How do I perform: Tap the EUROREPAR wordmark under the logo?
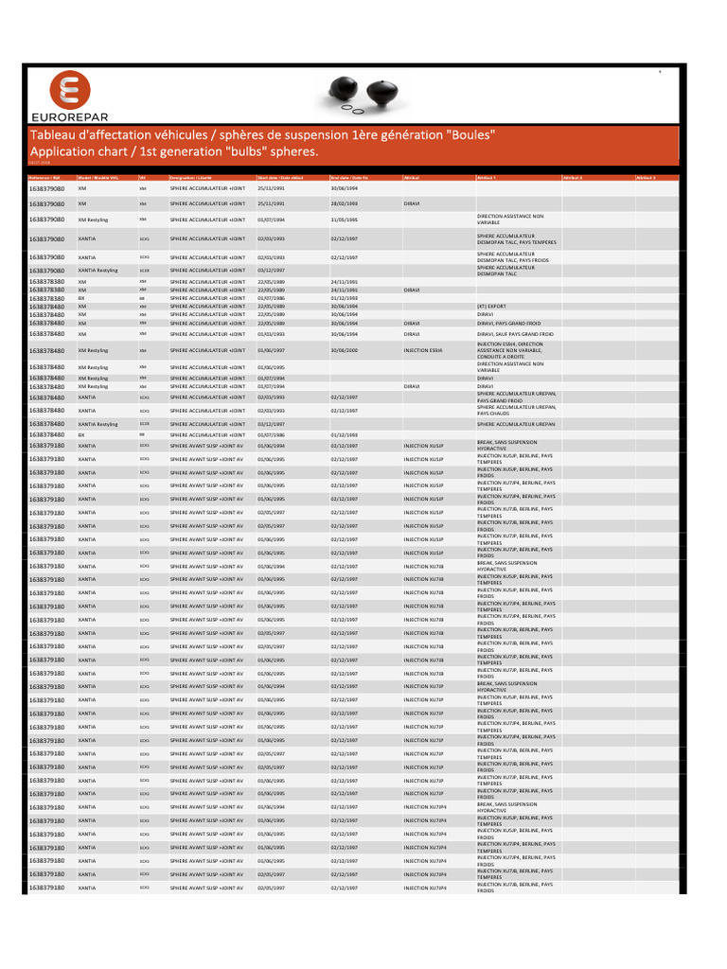point(69,117)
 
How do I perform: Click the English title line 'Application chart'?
point(175,151)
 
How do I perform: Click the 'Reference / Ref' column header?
point(44,177)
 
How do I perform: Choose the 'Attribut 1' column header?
point(488,177)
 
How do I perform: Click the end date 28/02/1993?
point(344,203)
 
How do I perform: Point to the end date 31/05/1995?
point(344,220)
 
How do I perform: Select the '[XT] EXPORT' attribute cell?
point(491,307)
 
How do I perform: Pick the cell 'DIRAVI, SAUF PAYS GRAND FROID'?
point(515,334)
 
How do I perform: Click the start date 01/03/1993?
point(271,334)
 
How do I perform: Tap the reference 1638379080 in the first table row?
point(46,188)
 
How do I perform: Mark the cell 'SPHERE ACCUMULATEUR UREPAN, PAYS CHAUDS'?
point(516,411)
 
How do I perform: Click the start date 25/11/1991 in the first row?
point(271,188)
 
